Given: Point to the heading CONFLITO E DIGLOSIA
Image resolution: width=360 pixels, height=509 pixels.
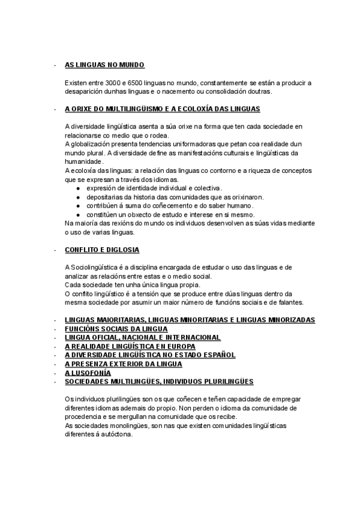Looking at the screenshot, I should click(x=102, y=250).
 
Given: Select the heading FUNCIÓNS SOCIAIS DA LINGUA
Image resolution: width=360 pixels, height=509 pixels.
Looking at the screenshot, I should click(x=116, y=329).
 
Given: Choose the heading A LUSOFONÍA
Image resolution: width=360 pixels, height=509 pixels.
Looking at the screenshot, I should click(x=88, y=373).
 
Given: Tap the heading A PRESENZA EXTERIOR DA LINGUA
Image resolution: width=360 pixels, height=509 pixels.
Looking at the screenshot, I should click(x=123, y=364).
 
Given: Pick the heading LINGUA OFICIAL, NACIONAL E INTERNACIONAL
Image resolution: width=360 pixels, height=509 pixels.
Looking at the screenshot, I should click(x=142, y=337).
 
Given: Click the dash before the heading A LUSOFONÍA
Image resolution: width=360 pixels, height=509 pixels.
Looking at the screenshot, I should click(x=55, y=373).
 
